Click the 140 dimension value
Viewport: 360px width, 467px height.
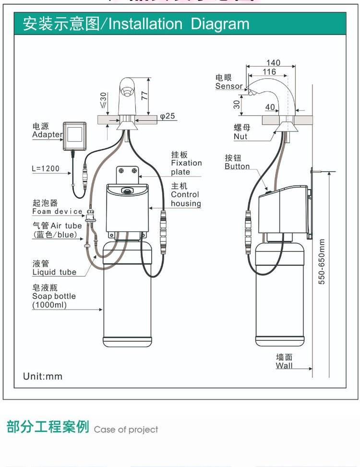pos(273,63)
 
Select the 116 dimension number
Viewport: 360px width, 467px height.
pos(269,72)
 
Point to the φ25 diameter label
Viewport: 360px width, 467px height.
pos(168,116)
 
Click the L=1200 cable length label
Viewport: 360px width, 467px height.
pos(46,169)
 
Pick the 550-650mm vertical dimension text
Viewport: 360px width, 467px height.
pos(322,262)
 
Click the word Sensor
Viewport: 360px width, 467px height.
pos(229,86)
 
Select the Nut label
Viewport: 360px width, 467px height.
pos(240,136)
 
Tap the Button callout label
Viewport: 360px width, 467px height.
pos(237,167)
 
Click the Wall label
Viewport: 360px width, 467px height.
pos(284,366)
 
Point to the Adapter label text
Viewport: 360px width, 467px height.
pos(47,134)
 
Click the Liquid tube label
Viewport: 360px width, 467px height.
pos(54,272)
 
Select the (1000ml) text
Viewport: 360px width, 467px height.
pos(49,305)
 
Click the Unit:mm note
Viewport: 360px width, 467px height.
pos(43,376)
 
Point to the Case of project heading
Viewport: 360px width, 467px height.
pos(126,430)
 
